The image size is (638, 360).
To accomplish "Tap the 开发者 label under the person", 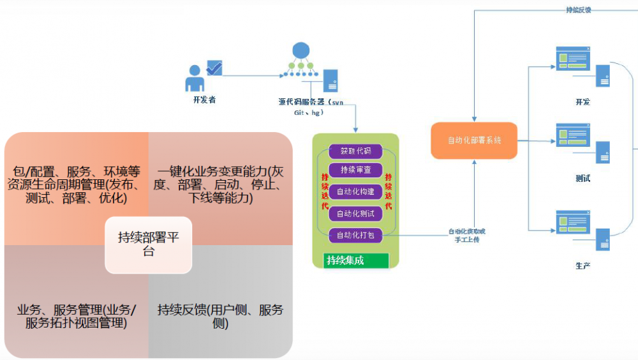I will tap(204, 100).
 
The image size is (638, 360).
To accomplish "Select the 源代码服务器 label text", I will tap(311, 101).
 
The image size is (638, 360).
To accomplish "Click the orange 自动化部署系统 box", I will tap(474, 140).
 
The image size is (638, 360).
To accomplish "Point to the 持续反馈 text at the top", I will tap(578, 10).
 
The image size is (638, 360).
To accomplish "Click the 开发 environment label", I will tap(582, 102).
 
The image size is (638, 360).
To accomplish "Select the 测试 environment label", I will tap(582, 179).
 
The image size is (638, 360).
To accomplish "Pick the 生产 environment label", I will tap(582, 266).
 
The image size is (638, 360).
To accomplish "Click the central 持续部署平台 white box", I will tap(149, 244).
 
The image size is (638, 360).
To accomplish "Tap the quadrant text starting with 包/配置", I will tap(77, 184).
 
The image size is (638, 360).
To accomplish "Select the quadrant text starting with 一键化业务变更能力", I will tap(220, 184).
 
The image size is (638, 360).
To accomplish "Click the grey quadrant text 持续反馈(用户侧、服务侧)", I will tap(220, 317).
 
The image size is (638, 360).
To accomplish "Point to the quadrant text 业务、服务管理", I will tap(77, 317).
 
